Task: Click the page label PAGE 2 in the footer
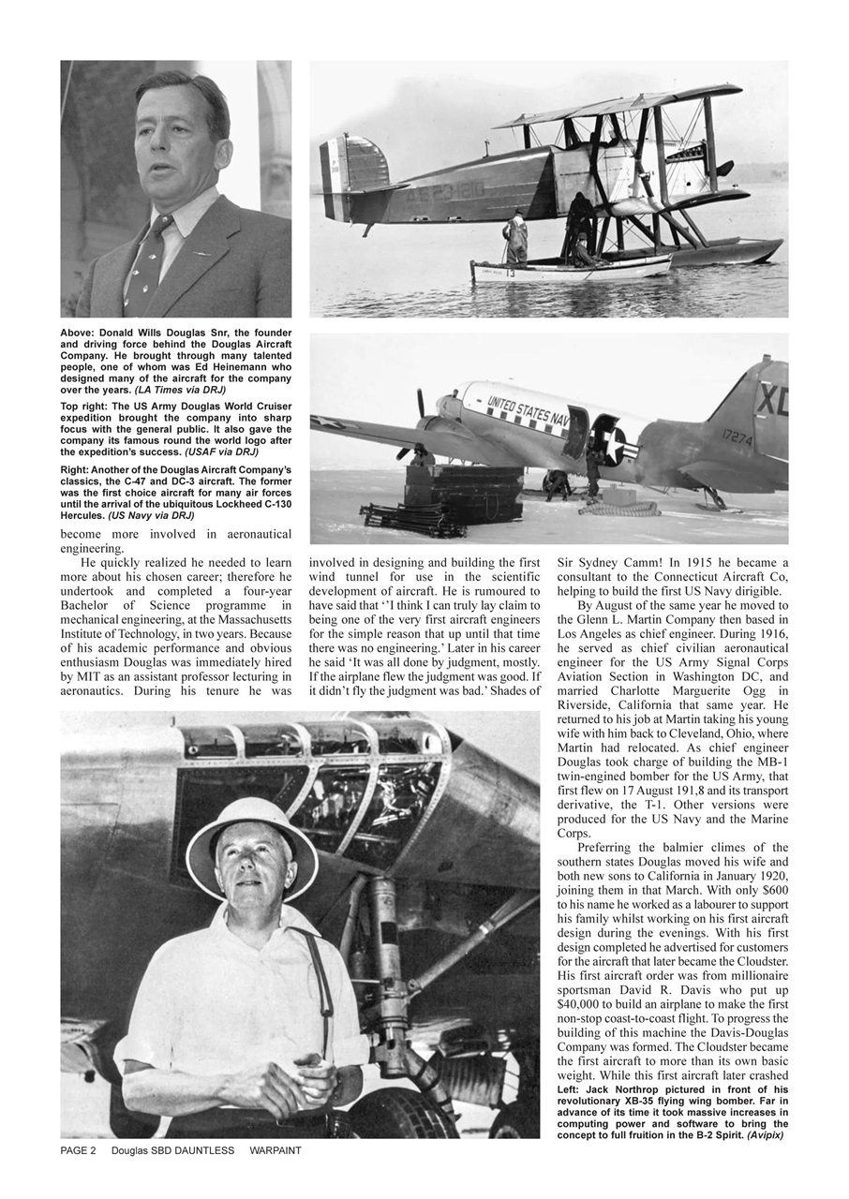tap(79, 1150)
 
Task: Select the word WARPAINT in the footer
tap(276, 1150)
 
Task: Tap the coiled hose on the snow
tap(618, 509)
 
